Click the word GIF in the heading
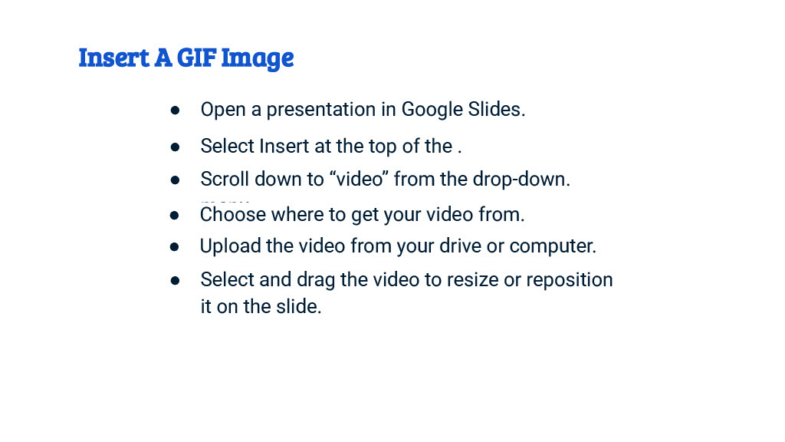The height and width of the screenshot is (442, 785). pyautogui.click(x=196, y=58)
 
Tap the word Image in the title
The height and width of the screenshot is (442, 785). pyautogui.click(x=258, y=58)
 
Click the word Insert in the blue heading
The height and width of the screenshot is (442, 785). pyautogui.click(x=113, y=58)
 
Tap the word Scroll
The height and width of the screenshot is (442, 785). pyautogui.click(x=225, y=180)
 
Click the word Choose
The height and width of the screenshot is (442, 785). pyautogui.click(x=233, y=215)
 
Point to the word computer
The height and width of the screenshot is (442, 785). pyautogui.click(x=553, y=246)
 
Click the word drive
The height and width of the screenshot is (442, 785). pyautogui.click(x=461, y=246)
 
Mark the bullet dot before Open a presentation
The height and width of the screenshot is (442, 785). pyautogui.click(x=175, y=110)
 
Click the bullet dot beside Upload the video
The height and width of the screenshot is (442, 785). pyautogui.click(x=175, y=247)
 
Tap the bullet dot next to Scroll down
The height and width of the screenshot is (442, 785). pyautogui.click(x=175, y=180)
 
